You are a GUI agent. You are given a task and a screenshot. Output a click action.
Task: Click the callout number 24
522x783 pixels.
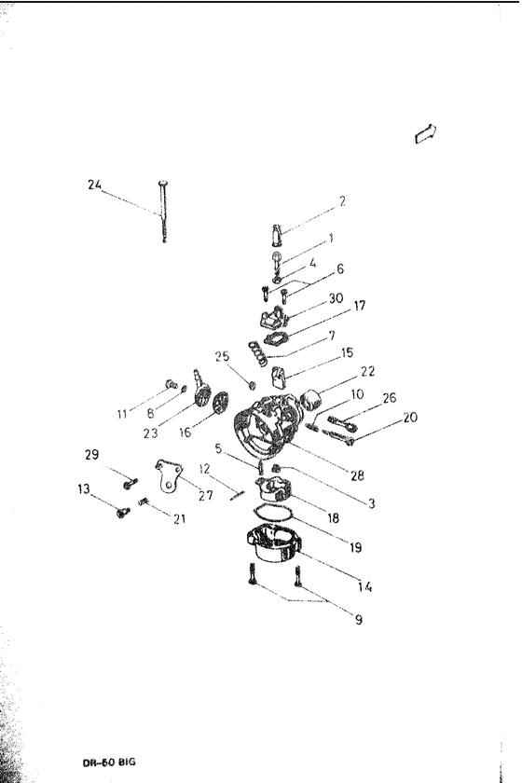(x=94, y=185)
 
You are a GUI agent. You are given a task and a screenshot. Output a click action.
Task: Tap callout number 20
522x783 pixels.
(x=411, y=419)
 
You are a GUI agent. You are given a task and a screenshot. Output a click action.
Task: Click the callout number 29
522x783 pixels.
(x=91, y=455)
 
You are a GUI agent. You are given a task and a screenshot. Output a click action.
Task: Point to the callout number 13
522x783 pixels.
(x=85, y=488)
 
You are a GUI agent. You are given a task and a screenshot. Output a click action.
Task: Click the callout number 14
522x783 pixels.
(x=364, y=586)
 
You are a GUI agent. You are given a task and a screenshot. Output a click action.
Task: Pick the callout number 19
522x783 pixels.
(x=355, y=548)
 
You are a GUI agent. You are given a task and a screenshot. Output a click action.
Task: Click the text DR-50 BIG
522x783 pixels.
(x=110, y=762)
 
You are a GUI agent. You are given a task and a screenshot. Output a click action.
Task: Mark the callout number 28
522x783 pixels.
(x=357, y=475)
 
